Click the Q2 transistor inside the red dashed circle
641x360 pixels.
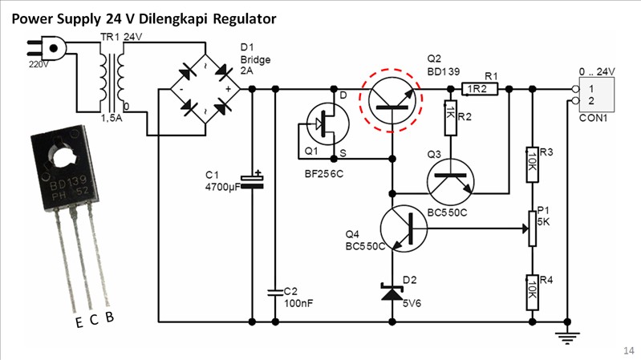click(391, 100)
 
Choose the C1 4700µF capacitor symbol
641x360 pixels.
click(253, 182)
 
